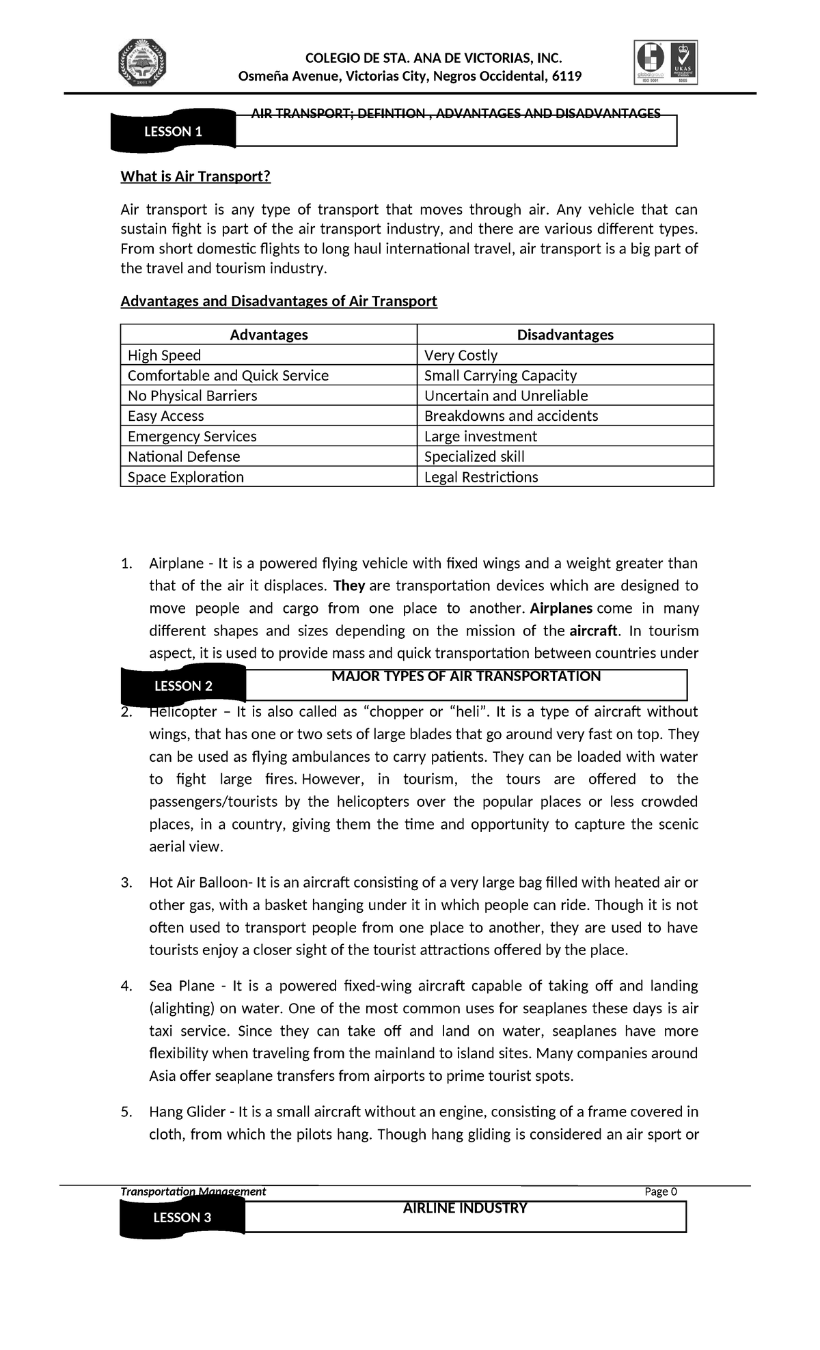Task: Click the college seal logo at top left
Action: tap(143, 63)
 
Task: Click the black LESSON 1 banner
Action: tap(173, 131)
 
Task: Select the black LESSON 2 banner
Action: tap(183, 685)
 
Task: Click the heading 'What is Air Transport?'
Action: tap(195, 176)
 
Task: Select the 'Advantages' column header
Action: tap(269, 334)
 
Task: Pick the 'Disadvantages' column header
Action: tap(564, 334)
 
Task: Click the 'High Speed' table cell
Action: tap(164, 355)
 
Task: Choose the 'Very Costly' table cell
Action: tap(461, 355)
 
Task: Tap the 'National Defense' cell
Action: tap(184, 456)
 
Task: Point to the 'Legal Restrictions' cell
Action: tap(480, 476)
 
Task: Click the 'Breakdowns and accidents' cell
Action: tap(510, 415)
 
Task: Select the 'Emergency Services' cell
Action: tap(192, 436)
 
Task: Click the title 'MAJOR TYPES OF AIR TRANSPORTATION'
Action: tap(465, 676)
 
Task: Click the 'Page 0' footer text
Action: tap(660, 1191)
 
